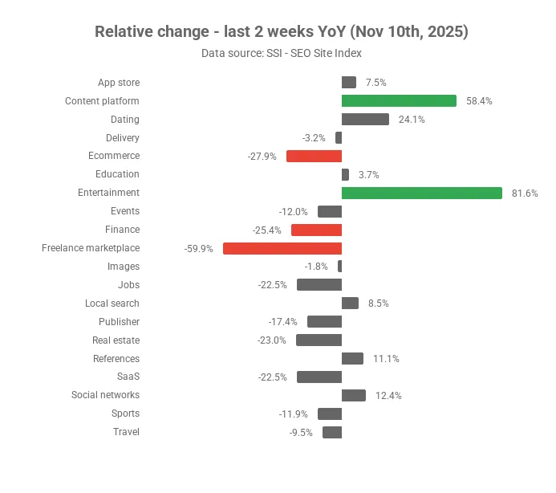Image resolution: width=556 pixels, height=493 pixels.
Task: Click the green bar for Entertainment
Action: click(422, 193)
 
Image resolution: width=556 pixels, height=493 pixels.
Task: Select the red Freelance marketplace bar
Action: click(282, 248)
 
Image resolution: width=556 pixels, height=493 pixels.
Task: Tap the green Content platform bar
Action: click(399, 101)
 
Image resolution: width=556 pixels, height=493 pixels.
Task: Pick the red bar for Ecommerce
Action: click(315, 156)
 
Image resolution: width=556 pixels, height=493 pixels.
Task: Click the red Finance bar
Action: click(316, 230)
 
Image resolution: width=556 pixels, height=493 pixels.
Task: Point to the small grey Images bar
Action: click(340, 267)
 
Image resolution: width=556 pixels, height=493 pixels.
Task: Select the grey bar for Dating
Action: click(365, 120)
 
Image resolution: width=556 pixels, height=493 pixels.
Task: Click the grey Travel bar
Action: click(332, 432)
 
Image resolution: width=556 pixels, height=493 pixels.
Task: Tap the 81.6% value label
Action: click(525, 194)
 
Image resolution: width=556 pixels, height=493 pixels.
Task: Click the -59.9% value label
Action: click(199, 249)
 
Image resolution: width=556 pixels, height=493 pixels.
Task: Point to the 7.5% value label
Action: click(375, 83)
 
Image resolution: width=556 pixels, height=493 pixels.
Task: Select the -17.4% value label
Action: click(282, 322)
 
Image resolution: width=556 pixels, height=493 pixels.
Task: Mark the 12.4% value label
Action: click(388, 396)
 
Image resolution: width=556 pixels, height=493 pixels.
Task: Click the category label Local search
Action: click(112, 304)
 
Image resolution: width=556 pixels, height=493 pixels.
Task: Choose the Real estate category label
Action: click(116, 340)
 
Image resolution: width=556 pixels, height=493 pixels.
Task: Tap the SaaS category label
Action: click(128, 377)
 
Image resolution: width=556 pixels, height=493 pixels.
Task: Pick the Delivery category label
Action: click(122, 138)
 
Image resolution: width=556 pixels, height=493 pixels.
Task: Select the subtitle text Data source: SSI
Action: click(241, 53)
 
